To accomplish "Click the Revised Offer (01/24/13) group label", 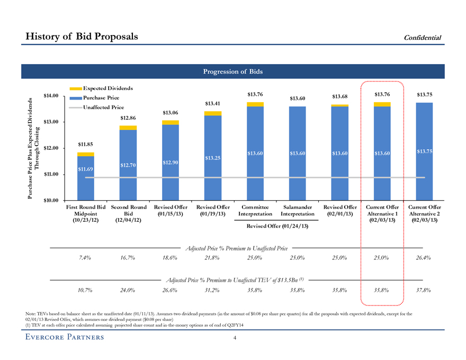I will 276,227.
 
